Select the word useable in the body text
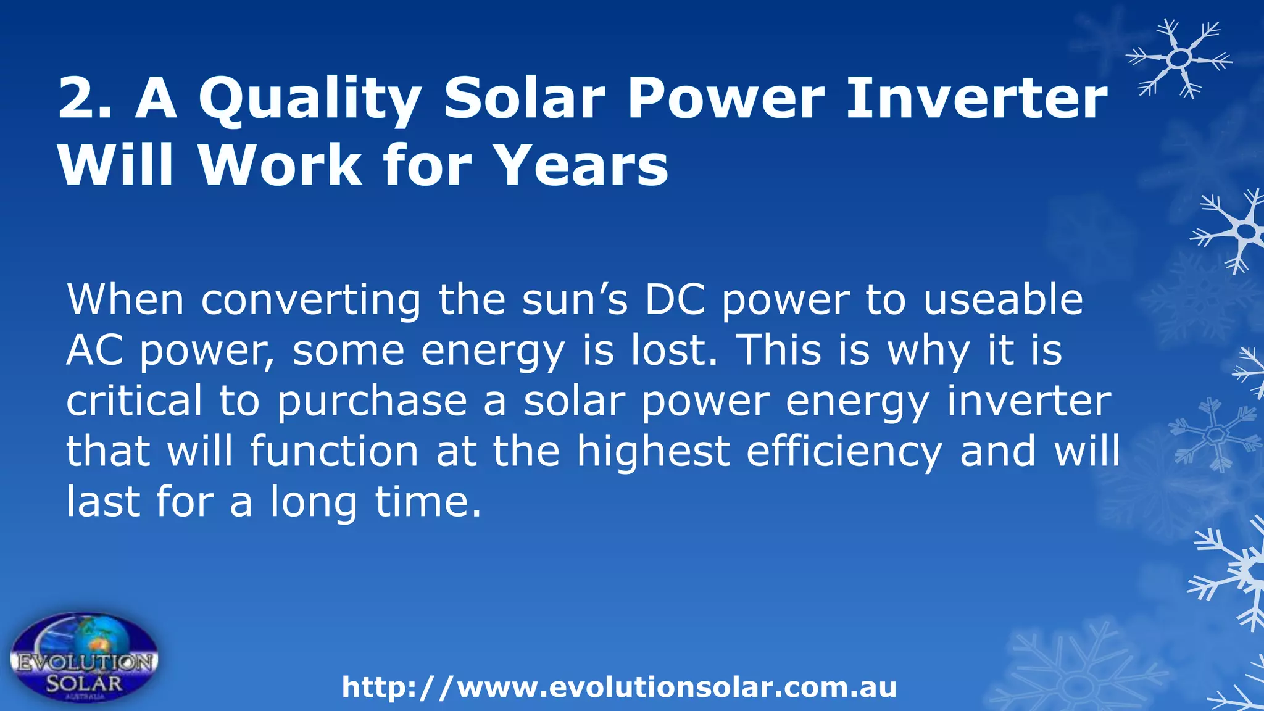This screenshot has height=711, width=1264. (x=1003, y=299)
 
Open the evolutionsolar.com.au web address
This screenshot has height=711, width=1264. (x=619, y=688)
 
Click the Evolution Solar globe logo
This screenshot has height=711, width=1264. (x=85, y=658)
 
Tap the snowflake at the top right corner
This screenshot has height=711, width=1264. (x=1179, y=59)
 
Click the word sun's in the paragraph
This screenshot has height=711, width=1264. (x=575, y=299)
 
